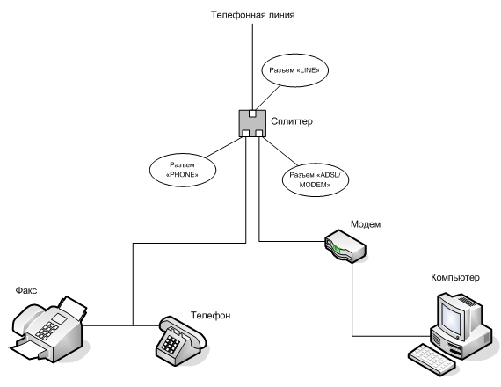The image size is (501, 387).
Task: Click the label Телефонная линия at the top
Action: click(253, 15)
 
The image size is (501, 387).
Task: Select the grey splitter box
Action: click(252, 123)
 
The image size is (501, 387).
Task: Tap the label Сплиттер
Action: click(292, 121)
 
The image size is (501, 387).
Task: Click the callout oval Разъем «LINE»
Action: click(295, 70)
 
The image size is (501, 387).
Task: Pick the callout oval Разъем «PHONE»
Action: click(183, 170)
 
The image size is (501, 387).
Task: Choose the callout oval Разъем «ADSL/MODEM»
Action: click(316, 179)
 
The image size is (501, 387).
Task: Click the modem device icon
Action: click(345, 246)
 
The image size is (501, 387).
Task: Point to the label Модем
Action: click(366, 224)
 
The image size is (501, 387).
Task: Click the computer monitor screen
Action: click(451, 314)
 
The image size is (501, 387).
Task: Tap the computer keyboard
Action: click(432, 359)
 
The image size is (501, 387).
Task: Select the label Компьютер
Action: click(455, 277)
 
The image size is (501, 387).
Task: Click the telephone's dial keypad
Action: click(171, 343)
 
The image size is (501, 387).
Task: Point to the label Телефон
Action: click(211, 316)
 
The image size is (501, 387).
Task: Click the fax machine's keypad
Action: click(47, 331)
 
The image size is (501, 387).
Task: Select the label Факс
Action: click(26, 290)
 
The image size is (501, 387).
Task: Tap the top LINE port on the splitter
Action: click(252, 113)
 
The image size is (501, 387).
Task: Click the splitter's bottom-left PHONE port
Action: click(246, 134)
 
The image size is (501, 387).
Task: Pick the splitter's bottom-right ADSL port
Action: click(258, 134)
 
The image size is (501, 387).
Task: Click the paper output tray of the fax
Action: click(28, 350)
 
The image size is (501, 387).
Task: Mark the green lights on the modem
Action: click(337, 248)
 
